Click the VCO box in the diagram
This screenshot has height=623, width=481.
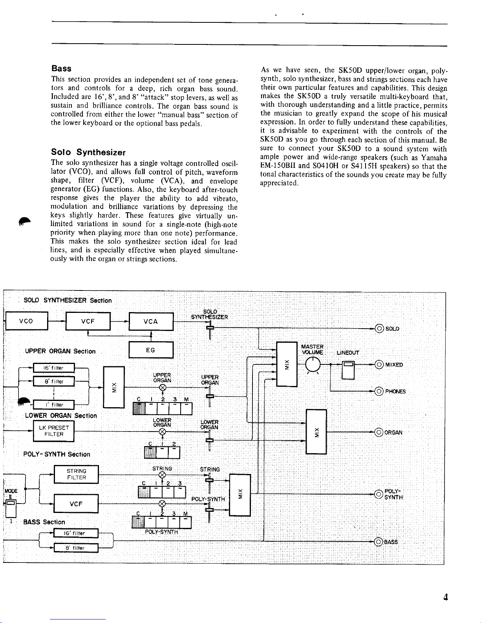27,321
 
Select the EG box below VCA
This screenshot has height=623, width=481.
151,350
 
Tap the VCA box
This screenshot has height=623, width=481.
151,322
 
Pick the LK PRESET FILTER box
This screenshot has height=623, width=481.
53,431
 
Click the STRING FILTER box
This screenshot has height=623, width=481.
76,474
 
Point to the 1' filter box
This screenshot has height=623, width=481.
54,404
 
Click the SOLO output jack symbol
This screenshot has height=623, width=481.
379,329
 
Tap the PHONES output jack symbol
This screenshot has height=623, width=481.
379,391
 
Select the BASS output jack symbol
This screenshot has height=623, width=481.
379,542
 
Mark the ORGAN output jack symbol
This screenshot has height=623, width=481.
379,432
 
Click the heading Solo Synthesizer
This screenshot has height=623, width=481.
88,152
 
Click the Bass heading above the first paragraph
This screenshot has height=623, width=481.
61,68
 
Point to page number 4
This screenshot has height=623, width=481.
445,597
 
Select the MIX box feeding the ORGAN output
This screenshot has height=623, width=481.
316,432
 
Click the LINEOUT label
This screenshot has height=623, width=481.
348,353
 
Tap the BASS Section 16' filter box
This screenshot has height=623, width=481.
76,533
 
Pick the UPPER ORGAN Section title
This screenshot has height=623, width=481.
60,351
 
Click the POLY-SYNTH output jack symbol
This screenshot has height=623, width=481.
379,494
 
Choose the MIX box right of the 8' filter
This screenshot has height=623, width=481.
113,387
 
